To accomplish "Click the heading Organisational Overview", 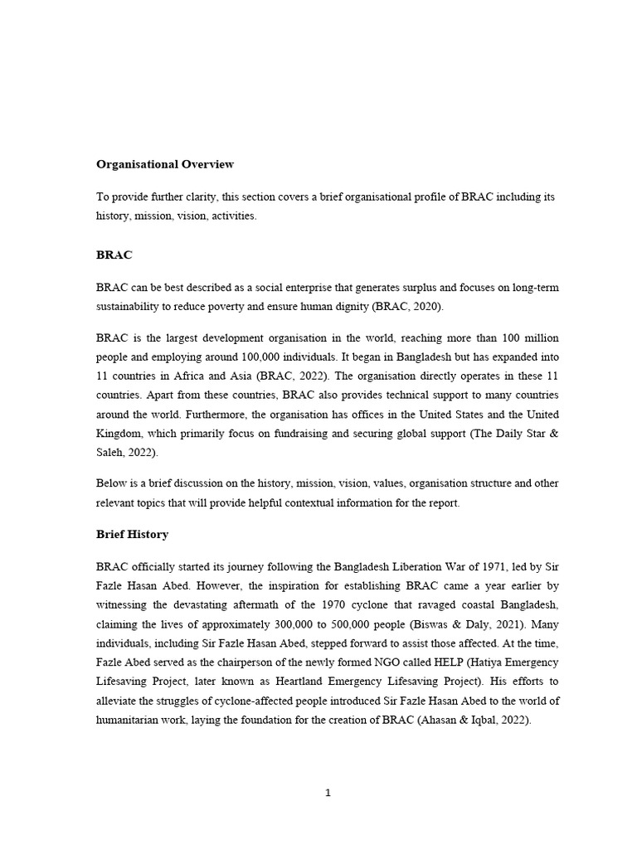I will pos(165,164).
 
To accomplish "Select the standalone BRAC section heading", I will pos(114,255).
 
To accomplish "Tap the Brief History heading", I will pos(132,535).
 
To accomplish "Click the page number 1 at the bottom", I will pos(328,793).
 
